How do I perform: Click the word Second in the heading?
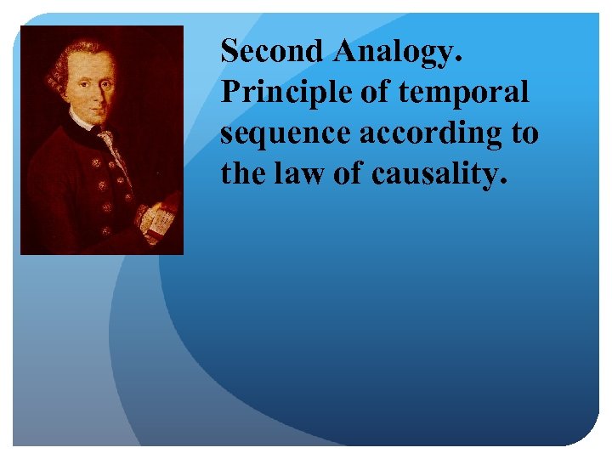(x=272, y=52)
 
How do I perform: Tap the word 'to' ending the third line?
(x=524, y=133)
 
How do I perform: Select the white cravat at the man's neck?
(x=106, y=135)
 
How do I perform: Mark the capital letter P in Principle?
(x=229, y=92)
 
